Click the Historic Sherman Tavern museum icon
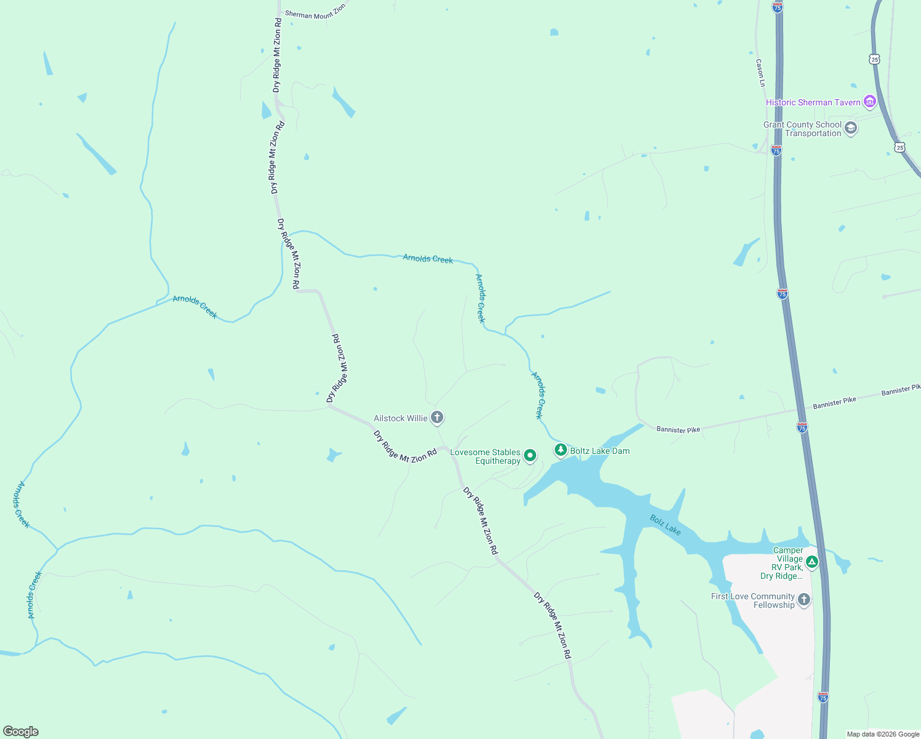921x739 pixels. pos(869,102)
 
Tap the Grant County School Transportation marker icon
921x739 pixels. pos(851,128)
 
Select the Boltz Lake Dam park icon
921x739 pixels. pos(560,450)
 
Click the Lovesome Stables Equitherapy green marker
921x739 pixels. pos(529,456)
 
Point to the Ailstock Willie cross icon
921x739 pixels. pos(436,418)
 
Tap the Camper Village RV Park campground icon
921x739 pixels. pos(812,561)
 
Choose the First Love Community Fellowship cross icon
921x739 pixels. pos(803,600)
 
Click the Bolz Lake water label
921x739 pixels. pos(665,525)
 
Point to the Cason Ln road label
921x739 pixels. pos(760,72)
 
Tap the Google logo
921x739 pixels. pos(21,732)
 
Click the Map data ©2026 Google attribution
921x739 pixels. pos(883,734)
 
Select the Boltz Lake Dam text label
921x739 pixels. pos(600,451)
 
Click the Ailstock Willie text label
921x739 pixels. pos(400,419)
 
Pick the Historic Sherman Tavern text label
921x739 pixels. pos(813,102)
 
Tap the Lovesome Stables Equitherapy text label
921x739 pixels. pos(485,456)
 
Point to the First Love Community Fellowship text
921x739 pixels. pos(752,600)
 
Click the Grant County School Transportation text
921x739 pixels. pos(802,129)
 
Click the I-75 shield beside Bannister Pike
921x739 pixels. pos(802,427)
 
